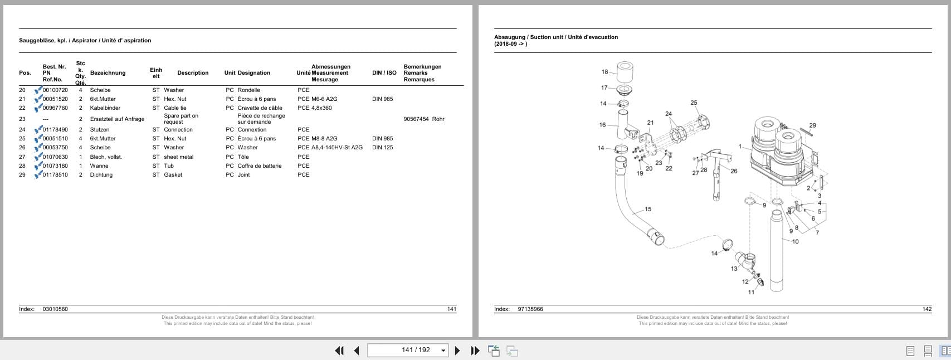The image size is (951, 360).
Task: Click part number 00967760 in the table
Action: [55, 108]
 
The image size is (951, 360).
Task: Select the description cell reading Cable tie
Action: [175, 108]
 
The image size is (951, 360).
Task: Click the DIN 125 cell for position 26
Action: [382, 148]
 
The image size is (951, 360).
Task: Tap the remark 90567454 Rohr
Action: [423, 119]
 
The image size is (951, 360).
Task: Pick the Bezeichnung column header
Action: [108, 73]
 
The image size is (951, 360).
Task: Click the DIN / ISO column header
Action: [384, 73]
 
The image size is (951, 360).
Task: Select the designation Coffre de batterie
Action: [259, 166]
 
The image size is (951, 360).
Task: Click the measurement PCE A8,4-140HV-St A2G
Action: [330, 148]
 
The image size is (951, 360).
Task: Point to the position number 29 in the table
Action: [22, 175]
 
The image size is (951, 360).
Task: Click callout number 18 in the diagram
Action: [604, 72]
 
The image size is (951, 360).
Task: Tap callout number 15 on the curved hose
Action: [648, 210]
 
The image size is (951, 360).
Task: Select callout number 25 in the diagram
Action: [694, 103]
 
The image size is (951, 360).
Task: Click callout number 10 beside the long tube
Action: [795, 241]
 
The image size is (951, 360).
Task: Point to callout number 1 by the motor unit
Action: [740, 147]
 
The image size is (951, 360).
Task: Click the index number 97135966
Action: [530, 309]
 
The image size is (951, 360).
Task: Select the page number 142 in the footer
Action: [927, 309]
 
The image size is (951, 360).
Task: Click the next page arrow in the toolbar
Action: [457, 351]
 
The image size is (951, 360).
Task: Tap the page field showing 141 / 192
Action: [408, 350]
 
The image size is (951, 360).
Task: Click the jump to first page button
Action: [339, 351]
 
